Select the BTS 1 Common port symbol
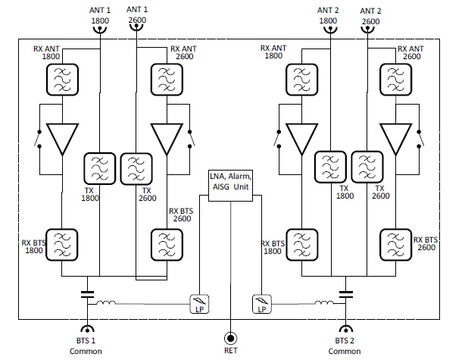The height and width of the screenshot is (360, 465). coord(89,331)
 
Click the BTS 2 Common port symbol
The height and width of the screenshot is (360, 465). coord(347,331)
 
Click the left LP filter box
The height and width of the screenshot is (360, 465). coord(200,305)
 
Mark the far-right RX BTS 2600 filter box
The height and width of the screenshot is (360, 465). coord(396,244)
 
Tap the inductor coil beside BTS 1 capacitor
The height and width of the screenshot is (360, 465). coord(107,305)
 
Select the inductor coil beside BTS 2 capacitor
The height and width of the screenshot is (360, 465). coord(325,305)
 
